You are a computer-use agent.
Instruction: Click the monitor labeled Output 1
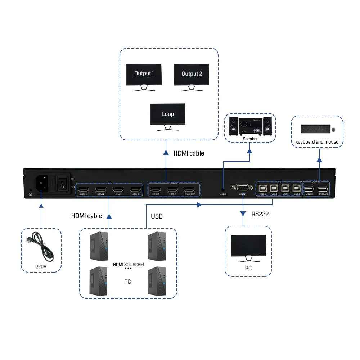tap(144, 75)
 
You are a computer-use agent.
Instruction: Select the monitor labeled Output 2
tap(192, 75)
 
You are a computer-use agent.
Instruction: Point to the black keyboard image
tap(314, 129)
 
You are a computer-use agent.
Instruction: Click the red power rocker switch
tap(62, 183)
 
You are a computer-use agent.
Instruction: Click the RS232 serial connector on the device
tap(242, 188)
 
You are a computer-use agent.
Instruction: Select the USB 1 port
tap(263, 188)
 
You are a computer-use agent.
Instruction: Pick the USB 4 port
tap(296, 188)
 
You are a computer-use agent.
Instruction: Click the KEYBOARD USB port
tap(323, 189)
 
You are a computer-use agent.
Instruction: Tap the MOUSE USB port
tap(309, 189)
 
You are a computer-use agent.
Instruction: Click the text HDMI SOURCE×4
tap(129, 265)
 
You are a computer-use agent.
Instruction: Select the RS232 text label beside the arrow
tap(260, 214)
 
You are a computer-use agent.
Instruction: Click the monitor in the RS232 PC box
tap(248, 247)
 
